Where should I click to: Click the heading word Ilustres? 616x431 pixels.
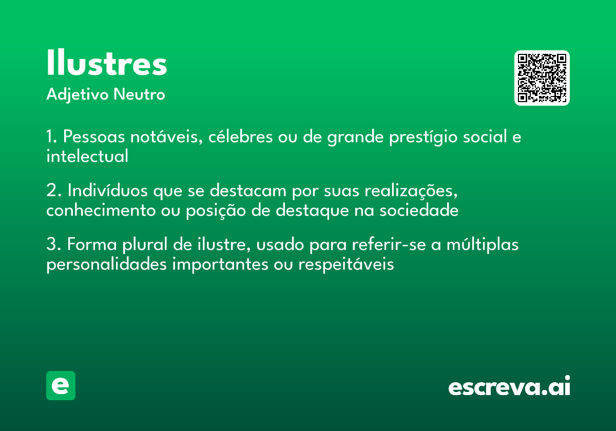tap(107, 64)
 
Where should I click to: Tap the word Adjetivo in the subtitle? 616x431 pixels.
tap(77, 95)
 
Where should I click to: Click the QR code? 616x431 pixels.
tap(542, 78)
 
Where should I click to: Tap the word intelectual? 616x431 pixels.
tap(87, 156)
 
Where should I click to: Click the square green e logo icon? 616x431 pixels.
tap(61, 385)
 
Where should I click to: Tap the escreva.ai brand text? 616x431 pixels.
tap(509, 386)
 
